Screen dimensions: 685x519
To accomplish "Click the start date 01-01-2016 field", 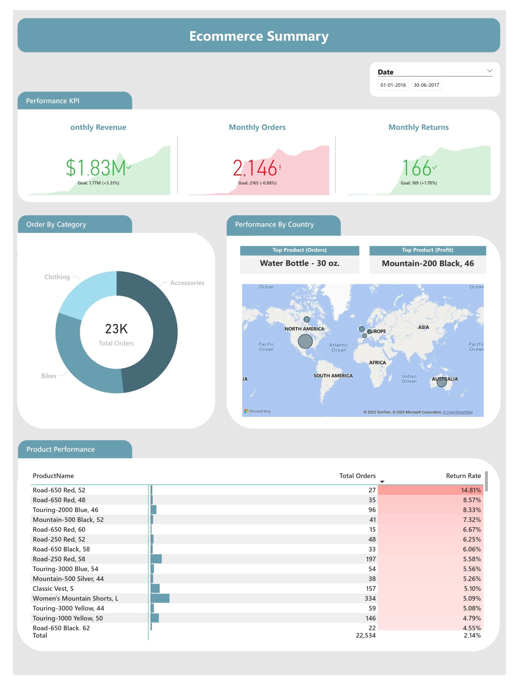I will [x=393, y=85].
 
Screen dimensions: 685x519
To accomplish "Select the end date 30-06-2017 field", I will [x=426, y=85].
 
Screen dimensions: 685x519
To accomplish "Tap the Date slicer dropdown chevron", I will [x=489, y=71].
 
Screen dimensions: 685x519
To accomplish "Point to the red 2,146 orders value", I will [x=255, y=168].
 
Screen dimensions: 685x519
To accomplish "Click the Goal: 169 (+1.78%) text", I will [x=418, y=183].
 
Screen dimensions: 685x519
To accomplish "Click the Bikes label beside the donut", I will [x=49, y=376].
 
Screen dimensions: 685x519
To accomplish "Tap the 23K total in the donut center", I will [x=116, y=329].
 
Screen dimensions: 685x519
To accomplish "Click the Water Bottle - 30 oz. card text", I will [x=299, y=263].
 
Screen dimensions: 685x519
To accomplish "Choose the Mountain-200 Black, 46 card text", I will [x=428, y=264].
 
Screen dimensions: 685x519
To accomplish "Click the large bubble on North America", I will [x=305, y=341].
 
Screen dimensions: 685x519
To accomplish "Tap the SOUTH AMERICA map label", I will [x=333, y=376].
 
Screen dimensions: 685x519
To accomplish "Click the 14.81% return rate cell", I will [x=470, y=490].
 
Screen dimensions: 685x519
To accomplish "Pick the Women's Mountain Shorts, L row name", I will [x=75, y=598].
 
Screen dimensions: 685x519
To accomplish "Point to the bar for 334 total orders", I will [x=160, y=598].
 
